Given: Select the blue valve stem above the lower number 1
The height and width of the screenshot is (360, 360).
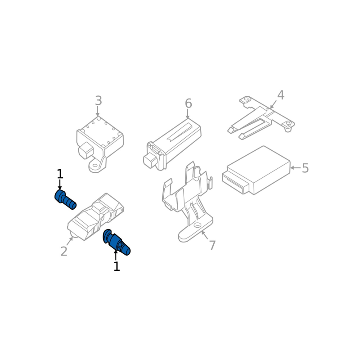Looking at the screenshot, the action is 117,242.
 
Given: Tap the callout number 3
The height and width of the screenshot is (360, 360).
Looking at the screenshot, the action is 98,100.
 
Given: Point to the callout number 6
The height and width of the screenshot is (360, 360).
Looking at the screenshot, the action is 188,103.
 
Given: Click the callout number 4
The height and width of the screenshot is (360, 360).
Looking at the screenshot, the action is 280,95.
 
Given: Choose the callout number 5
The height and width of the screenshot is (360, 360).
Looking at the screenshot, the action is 305,168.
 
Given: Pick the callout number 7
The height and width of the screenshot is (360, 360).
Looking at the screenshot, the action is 212,245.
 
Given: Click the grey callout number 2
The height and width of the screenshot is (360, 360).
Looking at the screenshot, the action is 64,251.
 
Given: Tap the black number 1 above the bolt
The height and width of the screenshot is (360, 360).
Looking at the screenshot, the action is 60,174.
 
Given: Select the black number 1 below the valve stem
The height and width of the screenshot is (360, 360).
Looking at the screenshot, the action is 117,266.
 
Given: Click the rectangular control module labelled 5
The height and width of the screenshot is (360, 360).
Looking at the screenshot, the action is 256,170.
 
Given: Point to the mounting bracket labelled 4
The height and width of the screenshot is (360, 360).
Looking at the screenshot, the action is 262,117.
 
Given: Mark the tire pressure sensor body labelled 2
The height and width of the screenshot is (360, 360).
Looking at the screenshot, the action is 95,217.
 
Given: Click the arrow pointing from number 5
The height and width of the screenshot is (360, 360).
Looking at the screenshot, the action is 296,168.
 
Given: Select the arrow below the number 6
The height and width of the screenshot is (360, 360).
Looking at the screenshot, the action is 188,114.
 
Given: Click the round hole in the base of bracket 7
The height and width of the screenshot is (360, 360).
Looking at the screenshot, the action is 198,225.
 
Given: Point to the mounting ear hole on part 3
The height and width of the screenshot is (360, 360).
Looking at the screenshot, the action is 94,165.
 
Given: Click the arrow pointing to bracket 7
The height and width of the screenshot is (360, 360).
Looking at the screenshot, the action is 205,235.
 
